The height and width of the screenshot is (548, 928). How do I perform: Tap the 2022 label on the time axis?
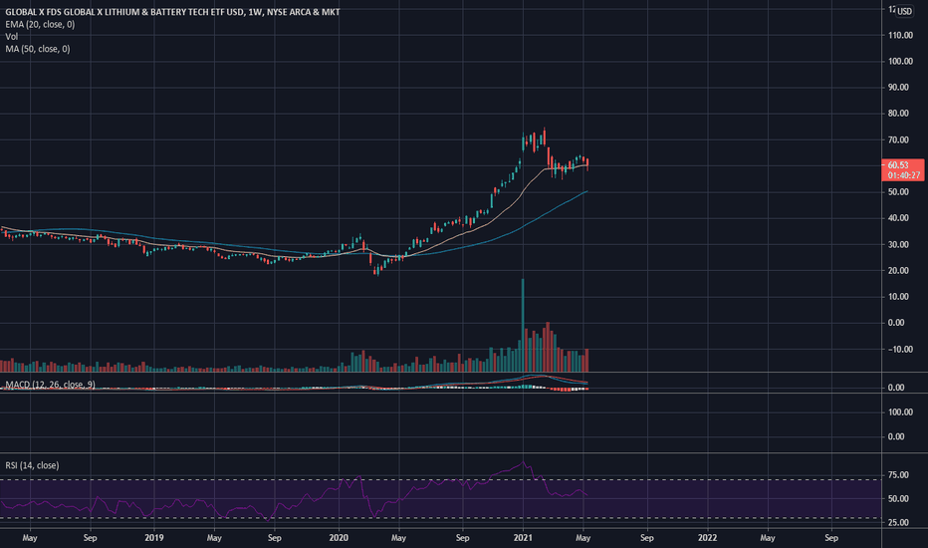point(708,538)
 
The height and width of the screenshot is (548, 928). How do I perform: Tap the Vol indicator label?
point(12,36)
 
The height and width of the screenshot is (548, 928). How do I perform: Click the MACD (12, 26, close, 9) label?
point(50,385)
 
